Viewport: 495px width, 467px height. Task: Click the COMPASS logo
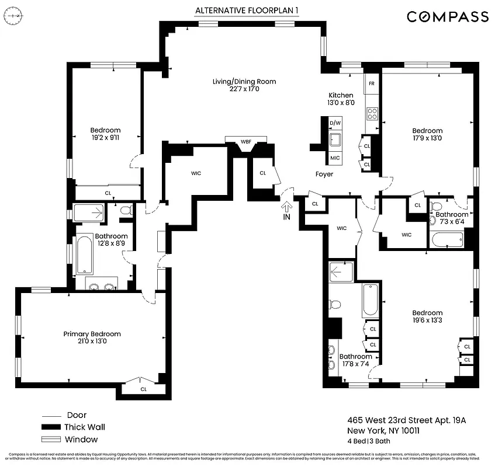click(448, 16)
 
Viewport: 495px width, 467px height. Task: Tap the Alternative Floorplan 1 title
click(244, 11)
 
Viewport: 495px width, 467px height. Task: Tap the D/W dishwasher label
click(335, 123)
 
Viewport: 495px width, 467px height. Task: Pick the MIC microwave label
click(335, 158)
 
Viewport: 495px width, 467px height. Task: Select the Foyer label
click(324, 174)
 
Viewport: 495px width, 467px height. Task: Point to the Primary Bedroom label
click(92, 338)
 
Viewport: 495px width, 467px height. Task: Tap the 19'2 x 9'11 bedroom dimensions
click(105, 138)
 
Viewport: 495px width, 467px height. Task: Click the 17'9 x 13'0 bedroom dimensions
click(427, 138)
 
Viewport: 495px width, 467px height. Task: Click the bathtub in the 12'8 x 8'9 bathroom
click(85, 255)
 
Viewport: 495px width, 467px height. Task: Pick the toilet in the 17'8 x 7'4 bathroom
click(335, 304)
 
